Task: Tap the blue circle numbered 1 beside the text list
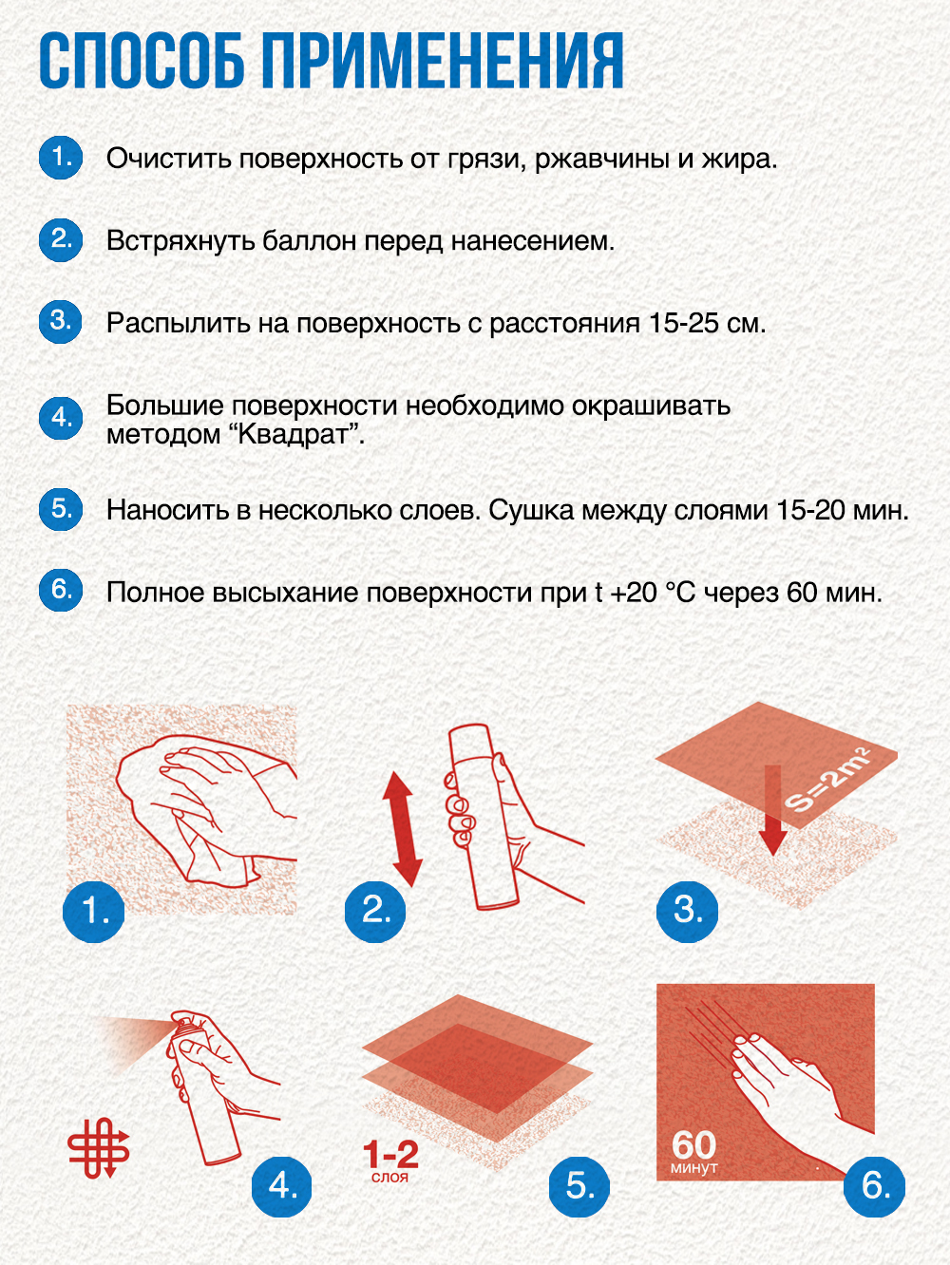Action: point(61,157)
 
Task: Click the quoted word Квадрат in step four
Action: point(295,435)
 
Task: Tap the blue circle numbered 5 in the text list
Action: point(61,508)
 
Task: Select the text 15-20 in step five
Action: point(810,510)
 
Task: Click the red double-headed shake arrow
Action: point(402,828)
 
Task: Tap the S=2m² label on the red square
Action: point(827,781)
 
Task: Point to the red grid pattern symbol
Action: point(99,1147)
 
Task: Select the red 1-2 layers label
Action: point(390,1156)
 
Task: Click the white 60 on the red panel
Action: point(693,1144)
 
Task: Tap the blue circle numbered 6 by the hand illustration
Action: point(874,1185)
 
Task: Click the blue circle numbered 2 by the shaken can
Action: point(375,911)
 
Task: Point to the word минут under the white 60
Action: point(693,1168)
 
